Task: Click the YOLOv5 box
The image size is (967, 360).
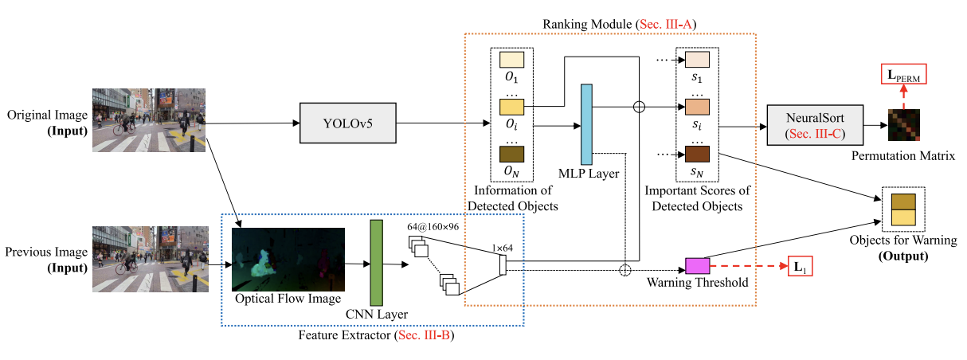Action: click(347, 123)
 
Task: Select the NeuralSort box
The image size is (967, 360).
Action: click(815, 124)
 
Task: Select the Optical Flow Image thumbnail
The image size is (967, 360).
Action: click(288, 260)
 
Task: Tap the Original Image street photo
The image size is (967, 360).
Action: click(149, 119)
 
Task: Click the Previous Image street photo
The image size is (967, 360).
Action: click(149, 257)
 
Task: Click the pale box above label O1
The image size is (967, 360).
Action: click(511, 60)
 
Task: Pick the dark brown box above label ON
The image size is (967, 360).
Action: click(511, 154)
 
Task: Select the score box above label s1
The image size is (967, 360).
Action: click(696, 59)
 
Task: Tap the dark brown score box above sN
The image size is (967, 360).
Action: click(696, 153)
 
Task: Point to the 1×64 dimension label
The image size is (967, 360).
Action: click(503, 248)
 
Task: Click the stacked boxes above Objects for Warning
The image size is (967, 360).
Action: click(903, 209)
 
